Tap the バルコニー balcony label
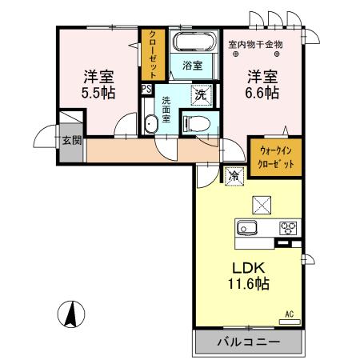coord(249,342)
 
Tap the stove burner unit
coord(287,228)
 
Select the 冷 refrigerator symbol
coord(234,174)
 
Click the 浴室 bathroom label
coord(193,65)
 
